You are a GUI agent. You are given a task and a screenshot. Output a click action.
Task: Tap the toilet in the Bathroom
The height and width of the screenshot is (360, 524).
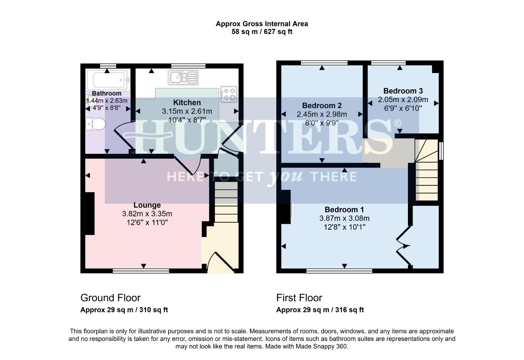click(96, 125)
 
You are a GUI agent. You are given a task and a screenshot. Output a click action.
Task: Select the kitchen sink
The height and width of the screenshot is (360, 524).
click(183, 77)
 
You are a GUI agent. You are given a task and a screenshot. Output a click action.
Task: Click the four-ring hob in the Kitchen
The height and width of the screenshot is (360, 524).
click(228, 94)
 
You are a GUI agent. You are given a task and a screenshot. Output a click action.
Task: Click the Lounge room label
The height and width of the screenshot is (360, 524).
click(147, 205)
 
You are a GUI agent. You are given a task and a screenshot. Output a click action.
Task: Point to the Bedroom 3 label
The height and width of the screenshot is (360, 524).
click(403, 91)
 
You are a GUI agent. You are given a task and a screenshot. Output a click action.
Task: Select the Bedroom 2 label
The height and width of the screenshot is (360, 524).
click(322, 106)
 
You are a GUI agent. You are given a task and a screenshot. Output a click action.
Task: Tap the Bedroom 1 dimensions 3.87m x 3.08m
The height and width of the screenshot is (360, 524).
click(344, 219)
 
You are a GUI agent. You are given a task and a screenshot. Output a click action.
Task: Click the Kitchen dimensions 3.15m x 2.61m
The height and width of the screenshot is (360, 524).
click(187, 111)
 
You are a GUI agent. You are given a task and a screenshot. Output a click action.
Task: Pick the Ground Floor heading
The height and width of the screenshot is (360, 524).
click(110, 298)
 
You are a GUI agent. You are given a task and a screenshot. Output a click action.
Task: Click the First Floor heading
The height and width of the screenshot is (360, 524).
click(299, 298)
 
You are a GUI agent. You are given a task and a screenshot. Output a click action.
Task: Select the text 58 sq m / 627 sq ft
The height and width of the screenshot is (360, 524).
click(262, 32)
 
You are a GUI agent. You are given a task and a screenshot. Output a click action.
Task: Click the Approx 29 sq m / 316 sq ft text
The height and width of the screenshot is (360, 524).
click(320, 310)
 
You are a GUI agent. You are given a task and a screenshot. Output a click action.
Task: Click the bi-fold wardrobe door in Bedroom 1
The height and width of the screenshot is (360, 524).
click(403, 246)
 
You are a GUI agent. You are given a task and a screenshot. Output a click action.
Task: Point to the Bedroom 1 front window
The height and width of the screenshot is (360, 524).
click(339, 271)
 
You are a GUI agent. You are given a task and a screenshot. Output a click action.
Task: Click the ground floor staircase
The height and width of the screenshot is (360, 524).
click(226, 202)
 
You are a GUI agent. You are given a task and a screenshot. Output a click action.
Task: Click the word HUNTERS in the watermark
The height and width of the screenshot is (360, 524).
click(262, 137)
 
